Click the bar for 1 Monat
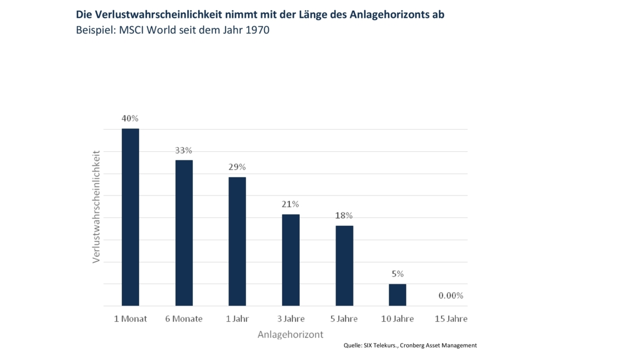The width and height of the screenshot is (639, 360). (x=130, y=217)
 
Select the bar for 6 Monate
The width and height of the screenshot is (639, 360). (x=184, y=233)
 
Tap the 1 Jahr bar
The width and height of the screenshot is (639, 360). (x=237, y=241)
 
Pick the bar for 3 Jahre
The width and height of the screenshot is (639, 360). (x=291, y=260)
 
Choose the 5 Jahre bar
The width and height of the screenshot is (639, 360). (x=344, y=266)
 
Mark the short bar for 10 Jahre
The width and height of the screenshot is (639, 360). (x=397, y=295)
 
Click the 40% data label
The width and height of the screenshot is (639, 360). (x=130, y=118)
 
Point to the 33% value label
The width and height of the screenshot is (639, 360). (x=184, y=150)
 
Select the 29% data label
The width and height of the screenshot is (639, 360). (x=237, y=167)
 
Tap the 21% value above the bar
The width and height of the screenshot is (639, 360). (x=291, y=204)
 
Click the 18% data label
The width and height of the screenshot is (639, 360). (x=344, y=216)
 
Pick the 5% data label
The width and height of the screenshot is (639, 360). (x=397, y=274)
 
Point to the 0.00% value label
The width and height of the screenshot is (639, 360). (x=450, y=296)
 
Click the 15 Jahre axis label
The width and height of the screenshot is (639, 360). (x=450, y=319)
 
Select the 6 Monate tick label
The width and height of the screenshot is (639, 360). (x=184, y=319)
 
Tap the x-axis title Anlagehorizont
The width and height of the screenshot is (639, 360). (x=290, y=335)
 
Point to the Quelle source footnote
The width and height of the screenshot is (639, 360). (x=410, y=346)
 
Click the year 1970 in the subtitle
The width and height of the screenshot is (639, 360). (x=257, y=30)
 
